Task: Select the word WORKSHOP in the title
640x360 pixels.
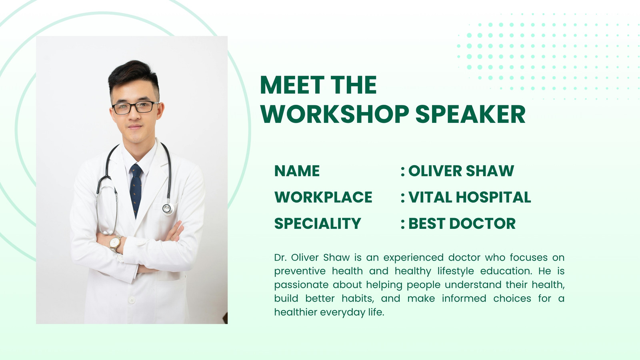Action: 334,114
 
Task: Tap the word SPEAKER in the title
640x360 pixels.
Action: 470,114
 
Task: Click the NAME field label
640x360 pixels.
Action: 297,171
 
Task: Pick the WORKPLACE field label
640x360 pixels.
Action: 323,197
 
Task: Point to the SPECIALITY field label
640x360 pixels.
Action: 318,224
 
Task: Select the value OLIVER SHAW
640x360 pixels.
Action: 461,171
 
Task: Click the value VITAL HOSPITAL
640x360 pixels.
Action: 470,197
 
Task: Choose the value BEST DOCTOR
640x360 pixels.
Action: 462,224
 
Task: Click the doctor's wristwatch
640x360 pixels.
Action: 115,243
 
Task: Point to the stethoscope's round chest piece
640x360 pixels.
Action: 168,209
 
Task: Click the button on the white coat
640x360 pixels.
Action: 132,300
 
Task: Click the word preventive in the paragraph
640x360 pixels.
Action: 300,271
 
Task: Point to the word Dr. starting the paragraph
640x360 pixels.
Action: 280,258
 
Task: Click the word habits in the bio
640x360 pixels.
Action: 358,298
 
